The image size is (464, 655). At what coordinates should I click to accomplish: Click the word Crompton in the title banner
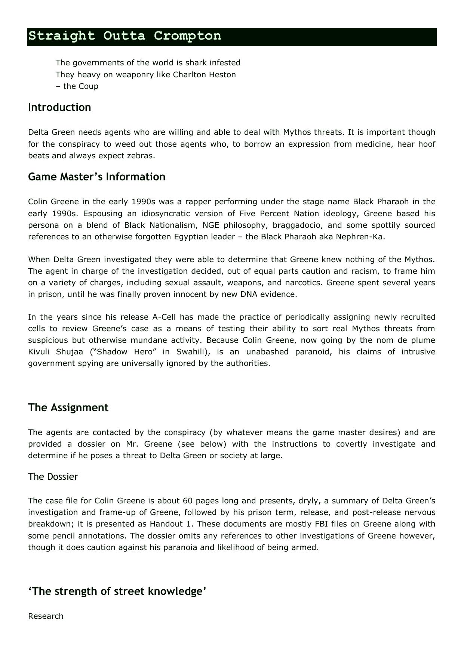pyautogui.click(x=187, y=36)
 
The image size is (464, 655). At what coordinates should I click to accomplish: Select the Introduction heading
pyautogui.click(x=59, y=108)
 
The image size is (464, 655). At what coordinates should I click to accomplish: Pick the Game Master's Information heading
pyautogui.click(x=96, y=177)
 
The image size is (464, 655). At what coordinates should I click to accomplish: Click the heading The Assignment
pyautogui.click(x=68, y=408)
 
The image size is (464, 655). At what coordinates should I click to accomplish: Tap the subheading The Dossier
pyautogui.click(x=53, y=477)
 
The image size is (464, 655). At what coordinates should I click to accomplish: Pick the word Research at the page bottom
pyautogui.click(x=46, y=616)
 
